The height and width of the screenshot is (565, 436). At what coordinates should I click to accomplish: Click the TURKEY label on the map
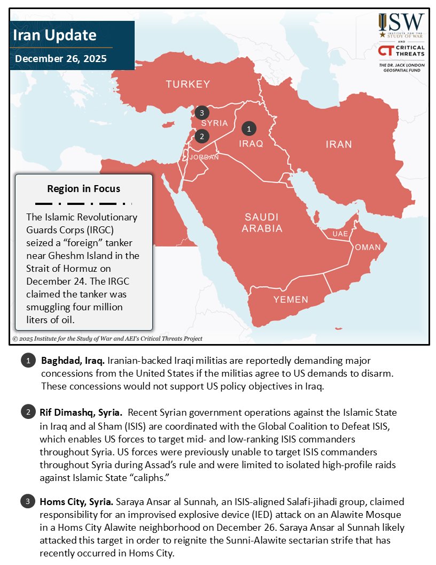[188, 84]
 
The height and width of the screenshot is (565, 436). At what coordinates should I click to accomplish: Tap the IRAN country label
[339, 144]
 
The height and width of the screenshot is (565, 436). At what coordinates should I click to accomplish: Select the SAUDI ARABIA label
[262, 223]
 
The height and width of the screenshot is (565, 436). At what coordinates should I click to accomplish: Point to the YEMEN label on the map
[291, 300]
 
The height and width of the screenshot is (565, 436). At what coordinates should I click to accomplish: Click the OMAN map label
[368, 247]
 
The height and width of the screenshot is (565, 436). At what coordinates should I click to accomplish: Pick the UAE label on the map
[340, 234]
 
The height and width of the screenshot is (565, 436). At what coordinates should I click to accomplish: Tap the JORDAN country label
[204, 157]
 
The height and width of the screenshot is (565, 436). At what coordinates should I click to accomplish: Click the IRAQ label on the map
[251, 144]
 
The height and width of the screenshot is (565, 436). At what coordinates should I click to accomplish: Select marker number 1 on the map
[249, 128]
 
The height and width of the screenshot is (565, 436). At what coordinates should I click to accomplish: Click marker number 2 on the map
[201, 136]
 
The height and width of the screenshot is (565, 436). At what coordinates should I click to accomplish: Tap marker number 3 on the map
[201, 113]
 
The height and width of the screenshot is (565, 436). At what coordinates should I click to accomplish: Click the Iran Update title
[54, 35]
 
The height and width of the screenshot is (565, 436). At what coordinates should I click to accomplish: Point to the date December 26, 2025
[60, 58]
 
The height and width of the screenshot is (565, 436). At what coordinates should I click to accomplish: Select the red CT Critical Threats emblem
[386, 50]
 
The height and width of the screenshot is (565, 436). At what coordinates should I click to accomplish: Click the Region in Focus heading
[83, 189]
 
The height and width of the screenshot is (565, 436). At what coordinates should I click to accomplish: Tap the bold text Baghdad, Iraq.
[73, 361]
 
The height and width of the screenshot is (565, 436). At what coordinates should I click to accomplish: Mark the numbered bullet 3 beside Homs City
[27, 502]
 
